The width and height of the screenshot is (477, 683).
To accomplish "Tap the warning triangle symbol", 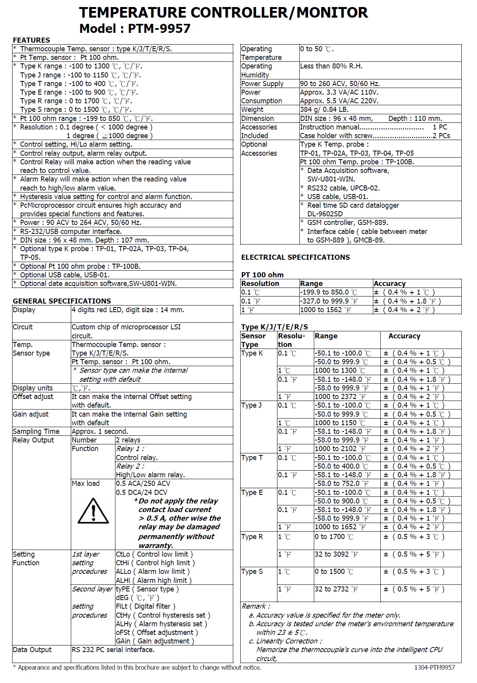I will coord(93,511).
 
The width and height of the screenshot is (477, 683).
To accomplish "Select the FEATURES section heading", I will coord(31,40).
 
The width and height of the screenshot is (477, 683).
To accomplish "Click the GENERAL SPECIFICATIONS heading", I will coord(62,301).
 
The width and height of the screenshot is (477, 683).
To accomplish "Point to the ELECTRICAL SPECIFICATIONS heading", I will coord(295,257).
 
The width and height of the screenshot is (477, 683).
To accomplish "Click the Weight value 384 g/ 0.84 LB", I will coord(324,110).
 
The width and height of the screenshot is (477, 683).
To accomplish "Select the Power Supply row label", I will coord(262,83).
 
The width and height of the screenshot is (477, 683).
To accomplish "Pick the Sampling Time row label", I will coord(36,431).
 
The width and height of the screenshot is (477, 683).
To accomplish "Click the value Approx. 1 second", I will coord(100,431).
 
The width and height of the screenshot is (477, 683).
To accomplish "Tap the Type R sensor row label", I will coord(252,537).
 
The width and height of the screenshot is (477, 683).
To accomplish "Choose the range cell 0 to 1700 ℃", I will coord(334,537).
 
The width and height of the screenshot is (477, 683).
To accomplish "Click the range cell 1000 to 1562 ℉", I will coord(326,310).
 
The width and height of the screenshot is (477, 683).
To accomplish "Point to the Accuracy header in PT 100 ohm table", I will coord(389,284).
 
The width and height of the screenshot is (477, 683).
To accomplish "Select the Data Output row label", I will coord(32,649).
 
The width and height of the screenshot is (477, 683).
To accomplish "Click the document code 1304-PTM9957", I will coord(434,667).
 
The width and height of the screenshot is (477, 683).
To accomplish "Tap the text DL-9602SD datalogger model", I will coord(325,214).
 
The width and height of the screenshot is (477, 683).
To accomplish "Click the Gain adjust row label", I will coord(31,414).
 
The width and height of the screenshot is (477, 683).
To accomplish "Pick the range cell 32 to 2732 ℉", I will coord(336,589).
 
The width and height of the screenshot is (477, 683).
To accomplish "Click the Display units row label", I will coord(33,388).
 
